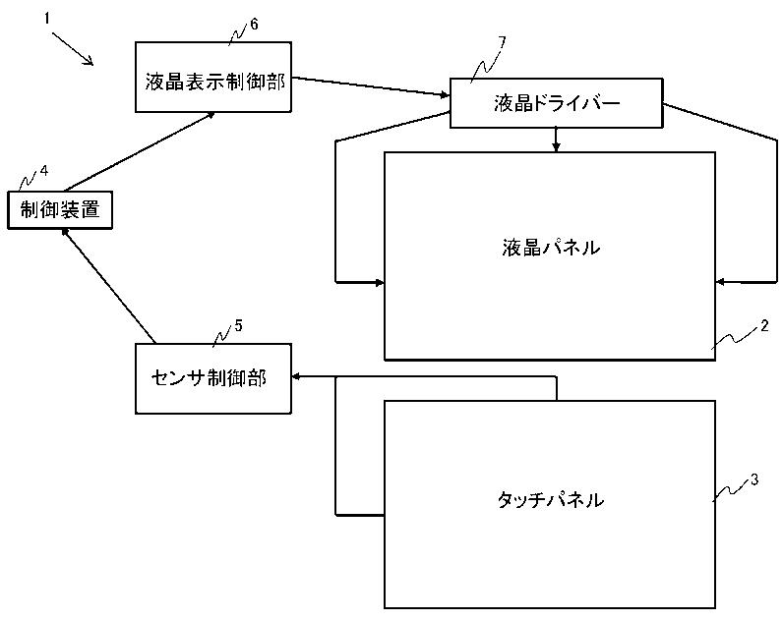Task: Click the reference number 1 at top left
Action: [x=47, y=19]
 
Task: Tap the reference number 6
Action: [x=254, y=25]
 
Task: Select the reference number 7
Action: [x=502, y=41]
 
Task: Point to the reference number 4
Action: [x=44, y=171]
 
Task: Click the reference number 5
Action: [x=238, y=325]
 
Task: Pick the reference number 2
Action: [x=764, y=326]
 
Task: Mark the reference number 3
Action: [x=754, y=479]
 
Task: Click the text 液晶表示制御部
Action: [x=215, y=82]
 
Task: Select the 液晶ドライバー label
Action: [x=557, y=103]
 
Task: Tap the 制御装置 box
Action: [x=60, y=210]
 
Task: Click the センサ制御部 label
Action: [x=209, y=378]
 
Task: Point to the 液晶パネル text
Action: [x=551, y=248]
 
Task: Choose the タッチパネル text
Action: [x=550, y=499]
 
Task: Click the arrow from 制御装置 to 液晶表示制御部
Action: [x=141, y=151]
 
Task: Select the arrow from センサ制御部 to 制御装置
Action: [x=108, y=286]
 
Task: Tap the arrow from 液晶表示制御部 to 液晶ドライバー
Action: [x=370, y=86]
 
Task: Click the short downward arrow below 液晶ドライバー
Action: [x=557, y=140]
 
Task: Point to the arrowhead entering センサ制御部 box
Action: [x=295, y=377]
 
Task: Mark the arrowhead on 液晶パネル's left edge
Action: [x=380, y=283]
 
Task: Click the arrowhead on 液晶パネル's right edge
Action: [x=720, y=282]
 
